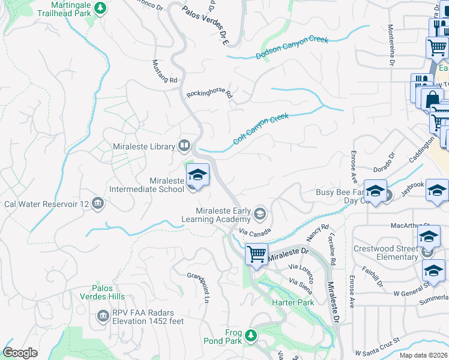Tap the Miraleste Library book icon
tap(184, 146)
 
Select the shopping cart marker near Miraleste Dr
tap(256, 255)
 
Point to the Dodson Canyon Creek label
tap(292, 48)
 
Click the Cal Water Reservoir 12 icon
tap(98, 204)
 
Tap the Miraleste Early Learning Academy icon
tap(260, 214)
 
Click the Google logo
tap(20, 353)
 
